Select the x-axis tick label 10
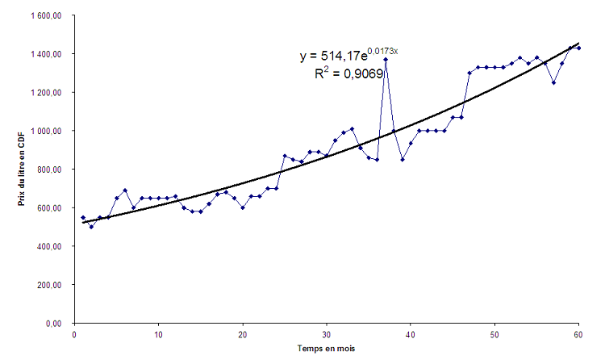158,334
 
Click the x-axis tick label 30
327,334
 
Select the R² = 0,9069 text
348,73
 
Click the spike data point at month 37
386,59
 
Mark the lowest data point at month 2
91,227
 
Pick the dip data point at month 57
553,82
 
